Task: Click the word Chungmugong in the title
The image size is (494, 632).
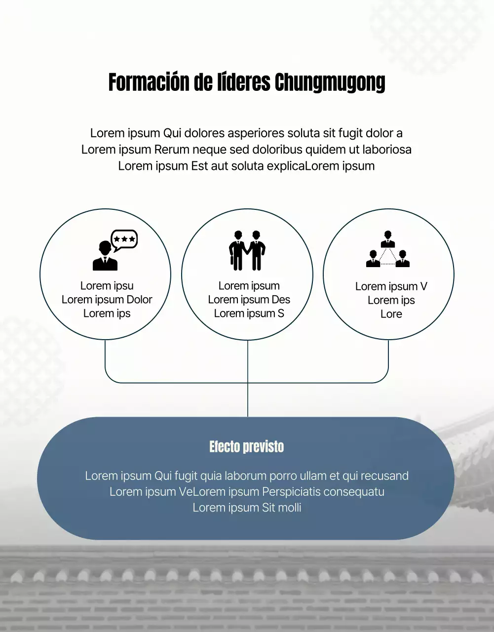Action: (x=330, y=83)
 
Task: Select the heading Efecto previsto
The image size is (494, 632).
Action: (x=247, y=447)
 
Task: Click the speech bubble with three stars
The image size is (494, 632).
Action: (x=124, y=239)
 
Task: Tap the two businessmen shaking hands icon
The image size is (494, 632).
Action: (x=247, y=250)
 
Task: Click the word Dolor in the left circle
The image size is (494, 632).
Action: (x=139, y=300)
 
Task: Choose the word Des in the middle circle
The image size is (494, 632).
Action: (x=281, y=300)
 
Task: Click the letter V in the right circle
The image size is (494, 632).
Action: (x=423, y=287)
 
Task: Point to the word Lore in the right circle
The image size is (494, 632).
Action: (x=391, y=315)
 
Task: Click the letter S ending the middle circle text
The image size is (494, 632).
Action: (x=281, y=314)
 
